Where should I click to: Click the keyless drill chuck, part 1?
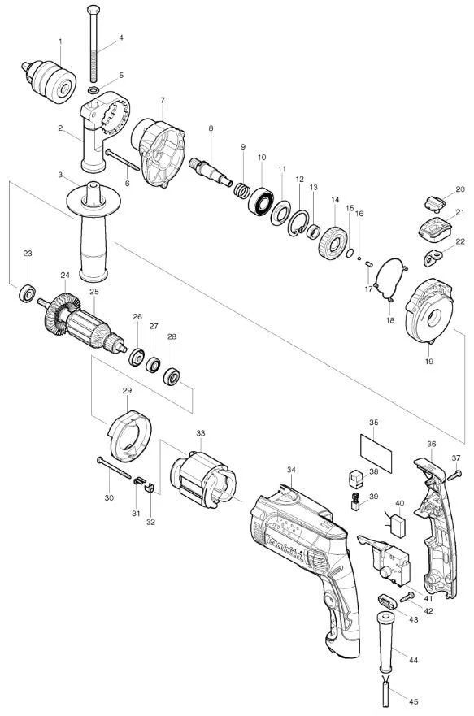click(50, 82)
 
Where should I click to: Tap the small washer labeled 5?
click(93, 89)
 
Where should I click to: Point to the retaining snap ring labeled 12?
click(298, 223)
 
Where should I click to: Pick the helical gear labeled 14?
click(333, 243)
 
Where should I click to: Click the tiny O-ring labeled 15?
click(350, 253)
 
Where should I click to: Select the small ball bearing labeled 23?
click(28, 293)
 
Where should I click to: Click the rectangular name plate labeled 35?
click(376, 453)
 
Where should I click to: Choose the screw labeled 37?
click(454, 475)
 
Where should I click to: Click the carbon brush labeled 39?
click(355, 501)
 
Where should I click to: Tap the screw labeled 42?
click(407, 597)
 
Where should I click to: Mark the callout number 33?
click(201, 433)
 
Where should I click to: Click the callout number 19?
click(429, 361)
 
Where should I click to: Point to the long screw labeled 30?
click(114, 467)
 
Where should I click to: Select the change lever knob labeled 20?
click(435, 203)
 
